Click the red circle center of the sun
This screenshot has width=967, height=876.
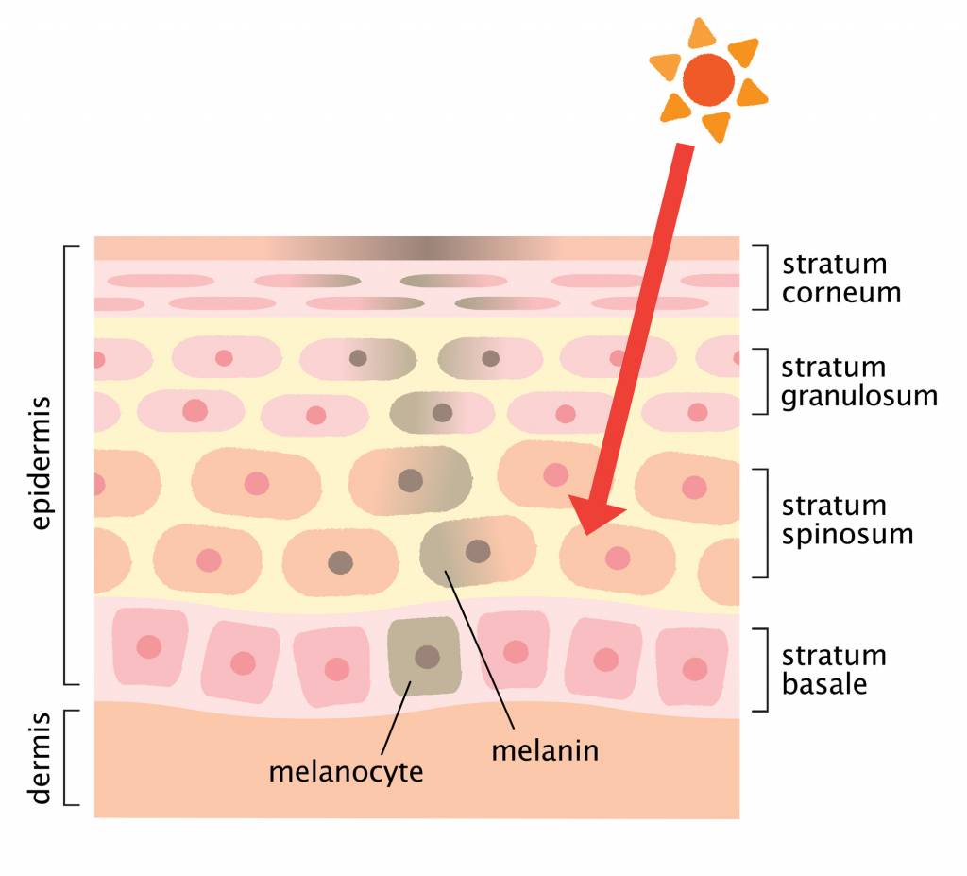(708, 80)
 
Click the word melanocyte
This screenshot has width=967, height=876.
(346, 772)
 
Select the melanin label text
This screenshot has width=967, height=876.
(545, 750)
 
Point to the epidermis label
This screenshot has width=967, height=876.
(40, 464)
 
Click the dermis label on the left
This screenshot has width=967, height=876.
(40, 759)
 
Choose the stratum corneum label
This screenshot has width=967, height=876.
(841, 279)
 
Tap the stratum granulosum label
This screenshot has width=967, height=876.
(859, 382)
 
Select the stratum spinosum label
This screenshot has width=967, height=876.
(847, 521)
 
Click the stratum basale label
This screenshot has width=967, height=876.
(834, 670)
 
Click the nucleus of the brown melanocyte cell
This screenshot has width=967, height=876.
(427, 657)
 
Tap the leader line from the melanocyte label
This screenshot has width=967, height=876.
(396, 718)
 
